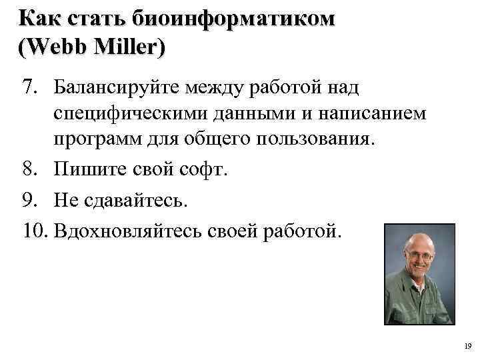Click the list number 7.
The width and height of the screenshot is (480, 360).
click(28, 86)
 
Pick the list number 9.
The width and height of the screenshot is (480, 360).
click(28, 200)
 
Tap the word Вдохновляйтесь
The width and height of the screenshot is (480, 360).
click(126, 231)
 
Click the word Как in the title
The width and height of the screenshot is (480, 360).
click(40, 19)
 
